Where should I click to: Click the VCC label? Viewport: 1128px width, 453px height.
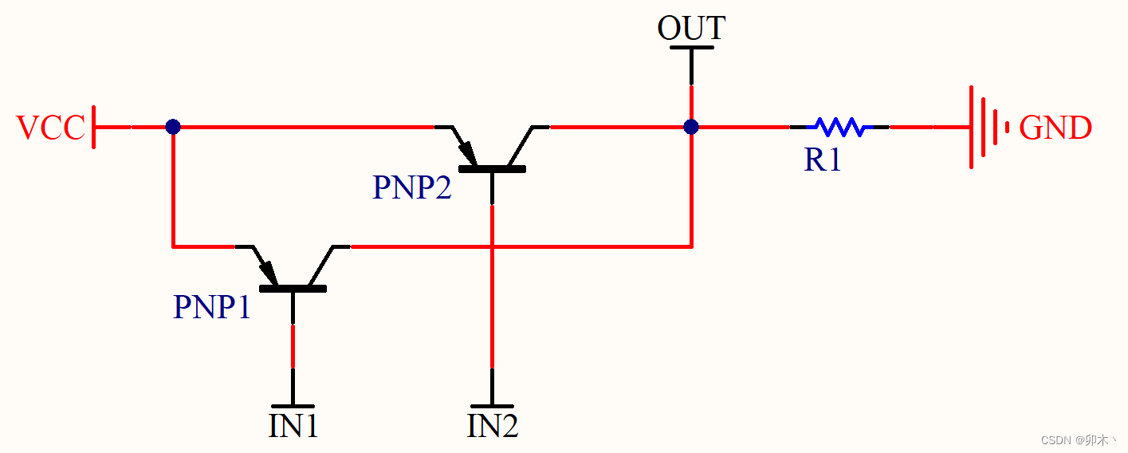pos(50,128)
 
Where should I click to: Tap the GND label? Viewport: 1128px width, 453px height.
pos(1055,128)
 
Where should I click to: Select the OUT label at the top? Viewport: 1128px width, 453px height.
pos(690,28)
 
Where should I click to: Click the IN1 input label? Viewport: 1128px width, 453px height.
pos(293,426)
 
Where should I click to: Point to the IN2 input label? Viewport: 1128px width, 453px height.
pos(493,426)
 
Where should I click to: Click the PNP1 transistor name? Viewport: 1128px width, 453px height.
pos(212,307)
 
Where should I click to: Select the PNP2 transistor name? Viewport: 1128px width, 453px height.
pos(411,187)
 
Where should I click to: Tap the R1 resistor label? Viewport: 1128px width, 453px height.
pos(823,160)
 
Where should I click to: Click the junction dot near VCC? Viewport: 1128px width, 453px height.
pos(173,127)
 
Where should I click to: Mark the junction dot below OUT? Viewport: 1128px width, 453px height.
pos(691,127)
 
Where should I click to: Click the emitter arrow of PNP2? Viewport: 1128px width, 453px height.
pos(466,151)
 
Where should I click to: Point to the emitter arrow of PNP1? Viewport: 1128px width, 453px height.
pos(267,270)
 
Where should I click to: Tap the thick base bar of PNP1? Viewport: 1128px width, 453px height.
pos(293,288)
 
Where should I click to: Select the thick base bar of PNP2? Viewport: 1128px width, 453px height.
pos(492,168)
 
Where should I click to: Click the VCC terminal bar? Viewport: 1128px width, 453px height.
pos(94,127)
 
